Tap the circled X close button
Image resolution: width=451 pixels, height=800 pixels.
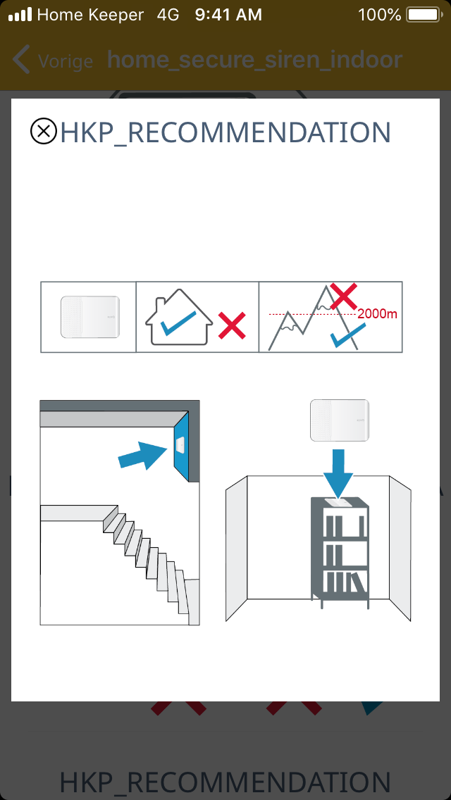tap(44, 131)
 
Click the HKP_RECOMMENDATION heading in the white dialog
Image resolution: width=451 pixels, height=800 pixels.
tap(225, 132)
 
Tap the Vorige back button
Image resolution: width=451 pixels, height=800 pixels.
tap(53, 60)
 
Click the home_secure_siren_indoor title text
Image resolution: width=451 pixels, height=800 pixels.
tap(255, 60)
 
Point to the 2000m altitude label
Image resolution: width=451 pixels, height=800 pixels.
tap(377, 314)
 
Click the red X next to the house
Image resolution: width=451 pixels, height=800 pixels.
tap(232, 326)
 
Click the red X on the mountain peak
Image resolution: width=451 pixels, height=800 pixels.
tap(343, 296)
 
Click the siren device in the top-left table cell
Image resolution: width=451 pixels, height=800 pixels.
tap(90, 317)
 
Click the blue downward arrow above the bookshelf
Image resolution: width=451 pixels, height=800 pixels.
tap(338, 473)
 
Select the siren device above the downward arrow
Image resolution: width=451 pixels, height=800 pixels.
tap(340, 420)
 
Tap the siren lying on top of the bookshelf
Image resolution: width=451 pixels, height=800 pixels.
tap(339, 502)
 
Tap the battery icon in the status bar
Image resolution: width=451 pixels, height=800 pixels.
tap(424, 15)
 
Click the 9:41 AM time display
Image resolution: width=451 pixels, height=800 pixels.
tap(228, 15)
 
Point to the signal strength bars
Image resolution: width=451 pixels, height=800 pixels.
tap(20, 15)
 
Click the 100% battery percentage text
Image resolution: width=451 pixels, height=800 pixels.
tap(380, 15)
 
